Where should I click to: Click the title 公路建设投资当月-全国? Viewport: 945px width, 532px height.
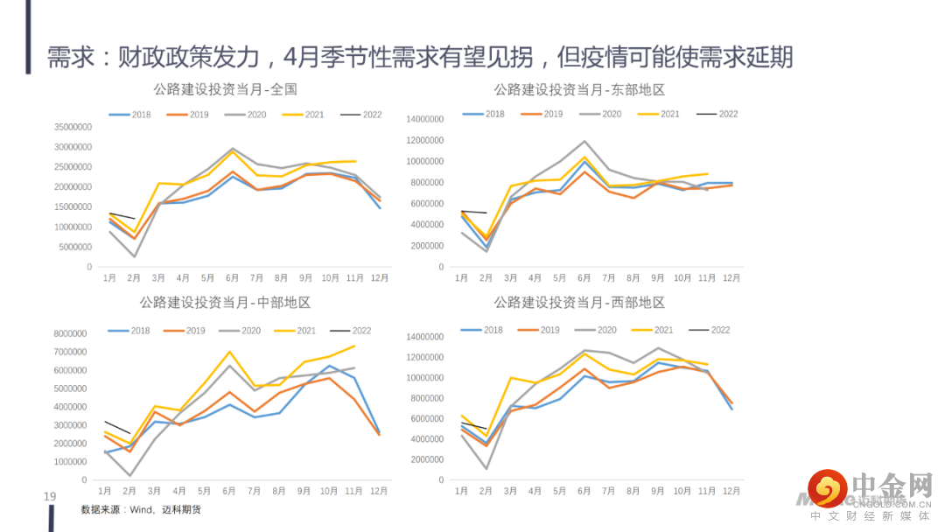225,89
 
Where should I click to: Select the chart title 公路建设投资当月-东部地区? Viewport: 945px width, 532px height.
579,89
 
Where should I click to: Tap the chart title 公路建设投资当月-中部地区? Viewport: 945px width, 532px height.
225,303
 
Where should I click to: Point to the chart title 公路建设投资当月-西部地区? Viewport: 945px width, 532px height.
579,303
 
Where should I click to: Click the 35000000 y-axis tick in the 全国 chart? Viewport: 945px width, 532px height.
73,127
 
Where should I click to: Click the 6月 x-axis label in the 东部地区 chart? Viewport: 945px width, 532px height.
584,278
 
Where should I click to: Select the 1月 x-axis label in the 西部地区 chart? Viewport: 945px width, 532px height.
462,492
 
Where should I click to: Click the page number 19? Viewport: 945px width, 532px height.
50,497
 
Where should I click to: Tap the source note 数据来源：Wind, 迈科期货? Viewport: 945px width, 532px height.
141,509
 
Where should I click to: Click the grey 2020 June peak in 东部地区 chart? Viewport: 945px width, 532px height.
584,141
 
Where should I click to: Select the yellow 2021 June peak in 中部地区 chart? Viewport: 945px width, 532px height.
229,352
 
